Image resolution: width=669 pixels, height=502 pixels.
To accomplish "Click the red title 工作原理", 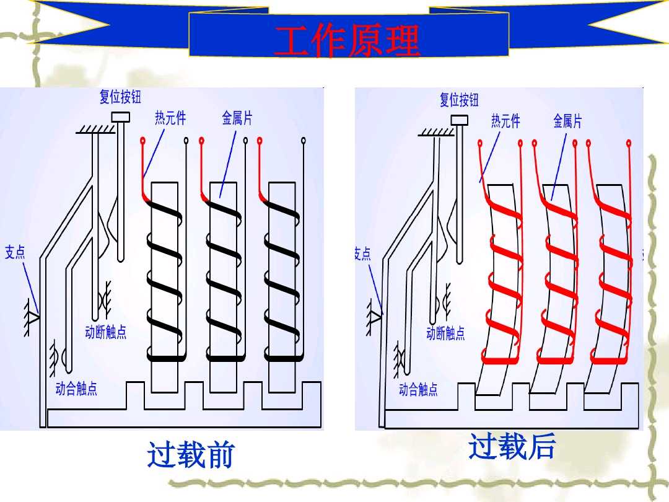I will tap(348, 42).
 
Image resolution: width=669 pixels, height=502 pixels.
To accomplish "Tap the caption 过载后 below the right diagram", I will tap(512, 447).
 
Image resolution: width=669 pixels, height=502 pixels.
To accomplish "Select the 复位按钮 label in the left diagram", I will tap(120, 97).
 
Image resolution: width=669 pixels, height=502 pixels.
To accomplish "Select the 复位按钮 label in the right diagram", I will tap(459, 99).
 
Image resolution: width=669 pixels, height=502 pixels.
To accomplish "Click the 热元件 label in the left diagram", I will tap(170, 118).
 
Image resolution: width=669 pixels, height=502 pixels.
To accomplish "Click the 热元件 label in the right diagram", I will tap(505, 121).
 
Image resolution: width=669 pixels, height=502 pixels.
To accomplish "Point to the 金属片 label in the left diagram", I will tap(237, 118).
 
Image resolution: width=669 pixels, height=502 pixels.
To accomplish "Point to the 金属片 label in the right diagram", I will tap(567, 121).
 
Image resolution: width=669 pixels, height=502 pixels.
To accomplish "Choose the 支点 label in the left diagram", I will tap(15, 252).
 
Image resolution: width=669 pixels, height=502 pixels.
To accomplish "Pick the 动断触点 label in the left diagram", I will tap(106, 332).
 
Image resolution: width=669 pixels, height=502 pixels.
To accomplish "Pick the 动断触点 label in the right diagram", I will tap(445, 333).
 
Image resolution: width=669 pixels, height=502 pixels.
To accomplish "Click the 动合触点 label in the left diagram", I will tap(76, 389).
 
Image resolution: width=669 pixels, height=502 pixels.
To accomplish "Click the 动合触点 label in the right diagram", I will tap(418, 389).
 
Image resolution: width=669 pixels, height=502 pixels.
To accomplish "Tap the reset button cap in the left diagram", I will tap(120, 117).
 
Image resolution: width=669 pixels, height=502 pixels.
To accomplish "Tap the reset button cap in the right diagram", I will tap(460, 119).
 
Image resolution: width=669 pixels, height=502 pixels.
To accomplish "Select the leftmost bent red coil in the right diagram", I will tap(502, 279).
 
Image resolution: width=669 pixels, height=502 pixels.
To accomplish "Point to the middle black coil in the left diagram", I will tap(224, 279).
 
